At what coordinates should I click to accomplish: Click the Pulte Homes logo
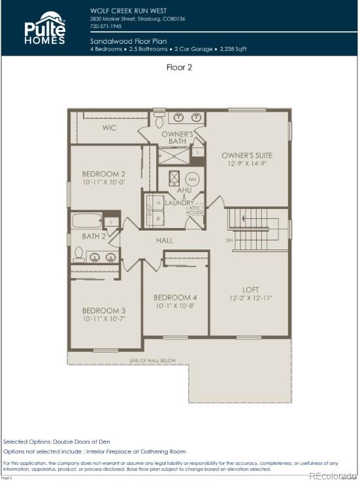44,28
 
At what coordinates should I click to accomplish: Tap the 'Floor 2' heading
180,66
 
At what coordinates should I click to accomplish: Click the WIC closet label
110,128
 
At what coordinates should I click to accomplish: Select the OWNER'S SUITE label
246,155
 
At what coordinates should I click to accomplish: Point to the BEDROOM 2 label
103,174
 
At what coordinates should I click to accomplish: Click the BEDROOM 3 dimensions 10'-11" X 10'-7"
103,319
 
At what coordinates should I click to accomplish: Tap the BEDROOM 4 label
176,297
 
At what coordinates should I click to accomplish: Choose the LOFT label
251,290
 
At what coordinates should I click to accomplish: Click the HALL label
165,241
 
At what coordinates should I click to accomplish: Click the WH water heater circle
192,179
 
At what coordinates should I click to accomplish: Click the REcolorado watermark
333,475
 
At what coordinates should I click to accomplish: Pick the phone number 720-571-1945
106,27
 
